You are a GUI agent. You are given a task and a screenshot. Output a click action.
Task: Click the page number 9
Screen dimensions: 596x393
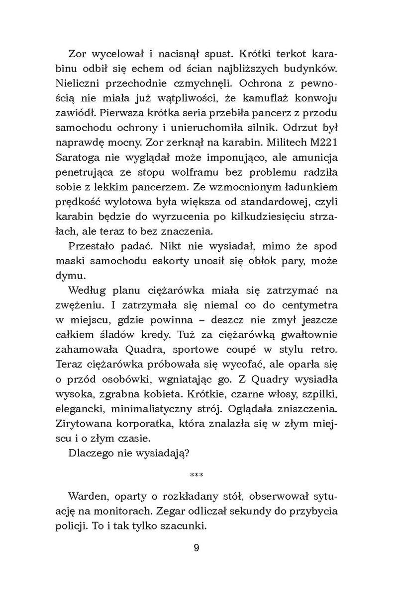[x=196, y=548]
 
